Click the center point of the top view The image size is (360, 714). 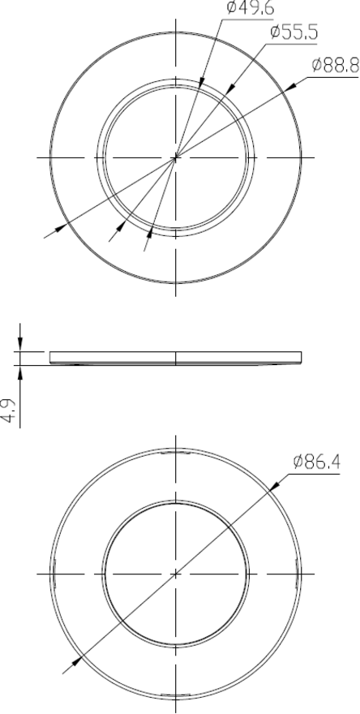tap(175, 157)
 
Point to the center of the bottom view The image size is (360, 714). tap(175, 573)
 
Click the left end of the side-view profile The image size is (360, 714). tap(51, 357)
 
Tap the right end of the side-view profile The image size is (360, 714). tap(301, 357)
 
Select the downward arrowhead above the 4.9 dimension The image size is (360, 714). tap(21, 344)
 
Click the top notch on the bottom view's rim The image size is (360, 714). tap(175, 451)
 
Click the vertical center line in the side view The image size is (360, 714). tap(175, 358)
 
